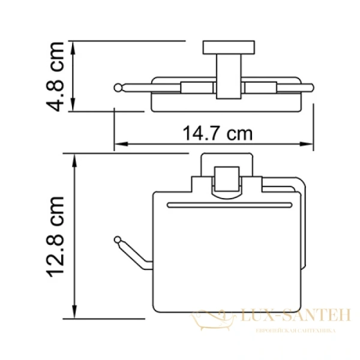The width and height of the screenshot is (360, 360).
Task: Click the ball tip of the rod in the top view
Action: [118, 88]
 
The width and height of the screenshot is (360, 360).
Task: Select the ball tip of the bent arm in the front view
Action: [118, 241]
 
